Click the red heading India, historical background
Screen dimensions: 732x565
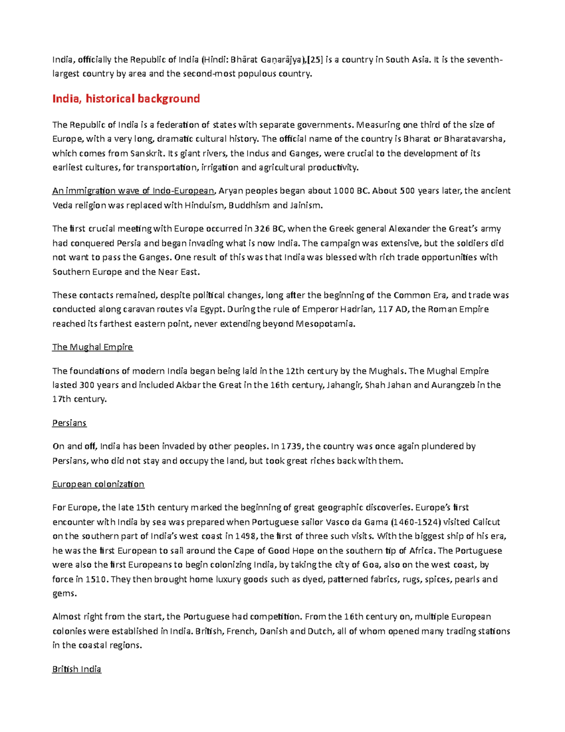point(126,99)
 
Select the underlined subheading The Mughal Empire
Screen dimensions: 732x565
point(92,347)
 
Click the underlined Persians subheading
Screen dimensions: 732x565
point(69,423)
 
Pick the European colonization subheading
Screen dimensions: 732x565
point(98,484)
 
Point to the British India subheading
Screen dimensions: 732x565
point(76,669)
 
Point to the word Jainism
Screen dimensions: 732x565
point(306,206)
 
